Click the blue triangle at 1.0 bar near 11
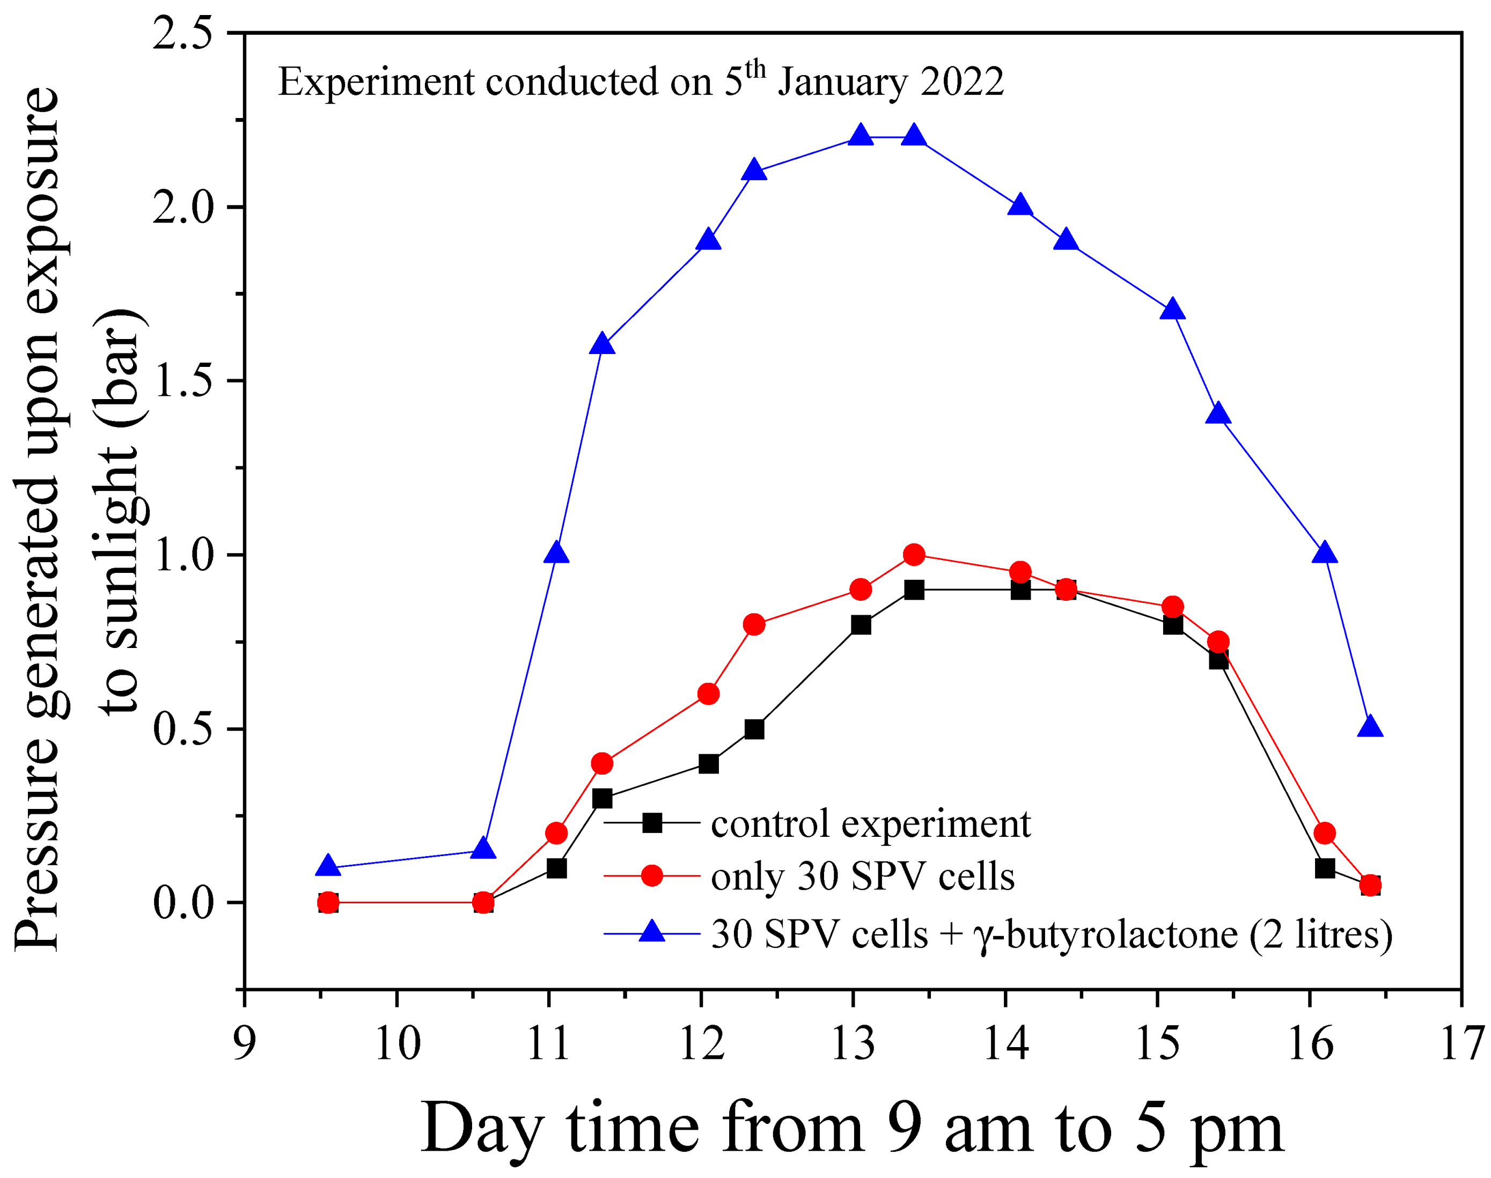click(556, 554)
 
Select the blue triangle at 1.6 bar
click(602, 345)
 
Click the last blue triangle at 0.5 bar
click(1370, 727)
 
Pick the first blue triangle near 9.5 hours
click(328, 867)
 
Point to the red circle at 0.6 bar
click(708, 694)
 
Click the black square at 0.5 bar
click(754, 729)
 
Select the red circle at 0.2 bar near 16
click(1324, 833)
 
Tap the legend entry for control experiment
click(870, 823)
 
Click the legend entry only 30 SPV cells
click(862, 877)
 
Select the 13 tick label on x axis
click(853, 1043)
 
